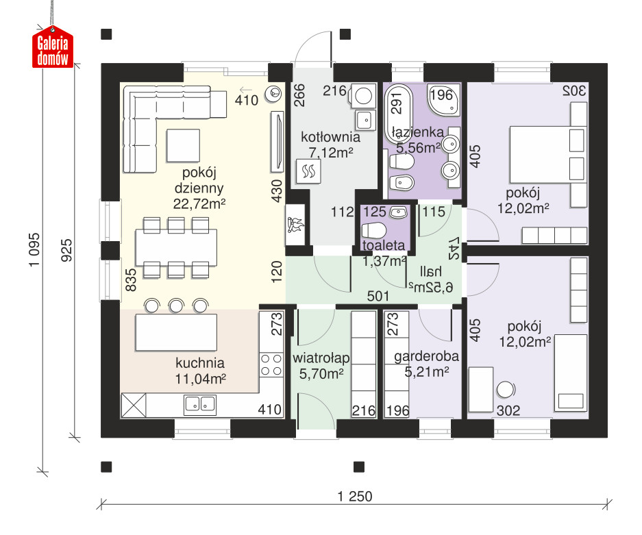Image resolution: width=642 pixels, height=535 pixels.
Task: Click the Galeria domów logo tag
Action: [x=53, y=47]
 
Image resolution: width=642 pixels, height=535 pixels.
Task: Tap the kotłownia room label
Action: [x=330, y=137]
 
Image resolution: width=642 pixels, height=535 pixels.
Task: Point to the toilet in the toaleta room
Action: [x=374, y=230]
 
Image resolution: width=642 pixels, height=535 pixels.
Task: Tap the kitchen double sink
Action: [x=199, y=404]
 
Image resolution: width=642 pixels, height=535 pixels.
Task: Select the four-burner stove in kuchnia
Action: [x=271, y=365]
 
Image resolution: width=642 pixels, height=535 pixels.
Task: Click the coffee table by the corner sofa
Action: [x=184, y=145]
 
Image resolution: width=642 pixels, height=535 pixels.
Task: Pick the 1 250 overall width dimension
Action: [x=355, y=497]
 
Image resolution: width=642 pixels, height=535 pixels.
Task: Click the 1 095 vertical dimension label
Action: [x=34, y=250]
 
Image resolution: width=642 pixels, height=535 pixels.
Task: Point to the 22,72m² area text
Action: [x=199, y=203]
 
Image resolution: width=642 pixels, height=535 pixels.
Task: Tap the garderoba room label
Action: [x=426, y=356]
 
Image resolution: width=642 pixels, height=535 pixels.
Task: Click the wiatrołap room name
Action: [x=321, y=358]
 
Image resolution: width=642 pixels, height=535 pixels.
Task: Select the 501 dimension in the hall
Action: [x=378, y=295]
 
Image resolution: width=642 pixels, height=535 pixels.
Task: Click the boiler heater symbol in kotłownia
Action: [x=308, y=171]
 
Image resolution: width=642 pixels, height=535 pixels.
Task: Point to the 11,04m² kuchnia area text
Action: [x=201, y=379]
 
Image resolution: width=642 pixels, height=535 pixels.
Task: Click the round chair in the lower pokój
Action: [x=506, y=390]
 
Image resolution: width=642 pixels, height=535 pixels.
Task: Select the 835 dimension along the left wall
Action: [x=131, y=279]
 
